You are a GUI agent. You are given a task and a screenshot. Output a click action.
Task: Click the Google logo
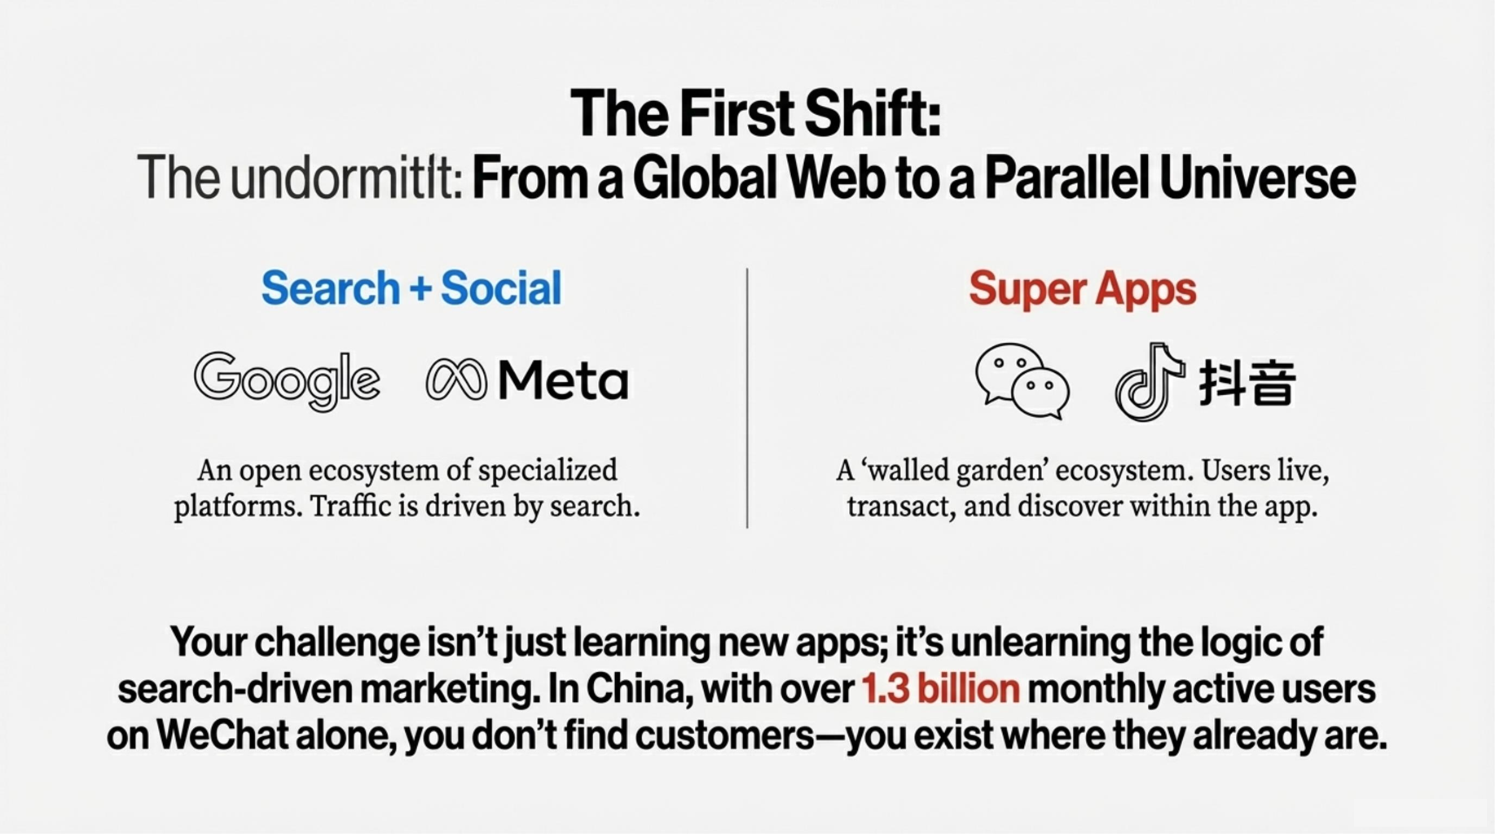[287, 380]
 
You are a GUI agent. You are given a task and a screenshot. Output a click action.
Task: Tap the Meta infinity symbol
[456, 380]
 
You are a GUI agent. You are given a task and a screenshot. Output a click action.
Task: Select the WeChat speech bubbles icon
[1022, 381]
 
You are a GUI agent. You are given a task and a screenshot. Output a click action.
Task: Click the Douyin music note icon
[1149, 381]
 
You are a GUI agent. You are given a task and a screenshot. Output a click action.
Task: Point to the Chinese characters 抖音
[1247, 382]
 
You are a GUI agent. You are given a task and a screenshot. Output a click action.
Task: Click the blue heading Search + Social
[411, 288]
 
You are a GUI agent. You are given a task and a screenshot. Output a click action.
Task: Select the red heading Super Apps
[1083, 289]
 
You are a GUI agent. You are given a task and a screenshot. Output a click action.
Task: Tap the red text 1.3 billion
[940, 689]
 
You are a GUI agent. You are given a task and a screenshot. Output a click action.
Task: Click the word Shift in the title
[873, 113]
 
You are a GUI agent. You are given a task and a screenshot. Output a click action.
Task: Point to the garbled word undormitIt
[347, 178]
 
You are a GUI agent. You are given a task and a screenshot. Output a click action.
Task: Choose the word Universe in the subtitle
[1259, 178]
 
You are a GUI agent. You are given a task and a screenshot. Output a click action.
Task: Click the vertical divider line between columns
[747, 397]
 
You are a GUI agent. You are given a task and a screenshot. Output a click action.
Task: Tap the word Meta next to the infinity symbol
[563, 380]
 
